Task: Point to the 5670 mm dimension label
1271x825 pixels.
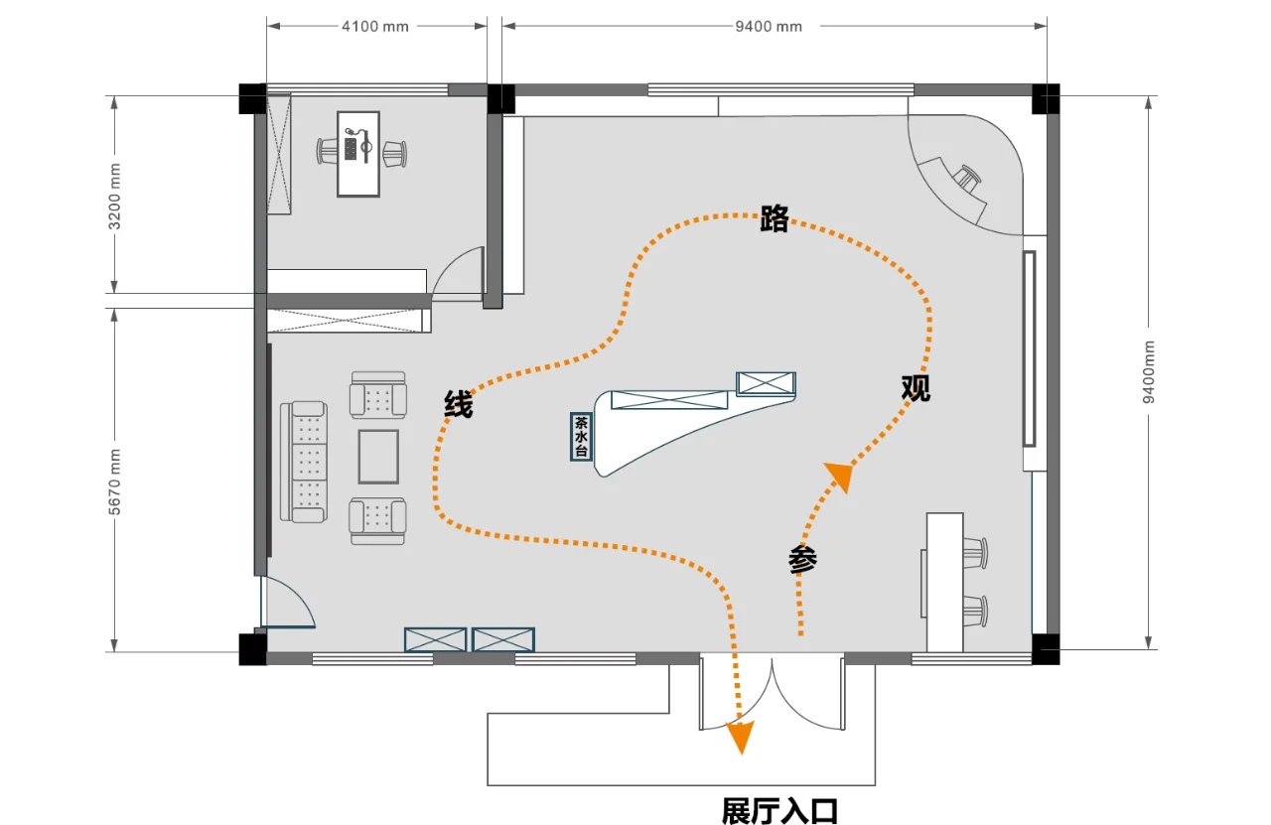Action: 115,481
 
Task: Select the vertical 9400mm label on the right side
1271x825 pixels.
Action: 1149,371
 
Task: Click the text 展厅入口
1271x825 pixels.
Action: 779,811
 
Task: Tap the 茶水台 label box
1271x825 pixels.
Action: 581,437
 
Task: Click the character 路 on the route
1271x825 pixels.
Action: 774,219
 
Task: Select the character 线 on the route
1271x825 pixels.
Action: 458,404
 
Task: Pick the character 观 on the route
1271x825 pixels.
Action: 916,387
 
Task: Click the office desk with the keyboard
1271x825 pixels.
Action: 358,153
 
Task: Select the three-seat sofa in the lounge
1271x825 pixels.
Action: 304,461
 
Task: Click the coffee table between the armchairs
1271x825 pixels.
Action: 378,456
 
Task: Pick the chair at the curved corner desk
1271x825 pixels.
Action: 968,179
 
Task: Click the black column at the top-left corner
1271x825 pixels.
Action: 252,99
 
